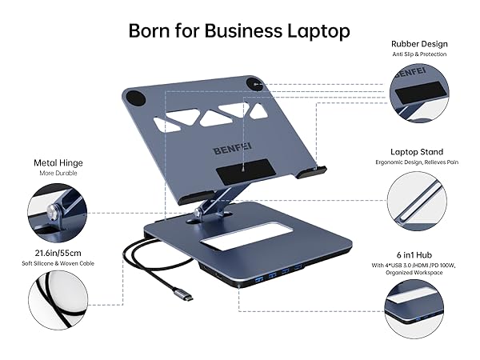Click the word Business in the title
243,30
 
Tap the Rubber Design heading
419,44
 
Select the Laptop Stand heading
417,152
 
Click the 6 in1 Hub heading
414,255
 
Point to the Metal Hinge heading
58,163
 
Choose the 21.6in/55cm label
58,253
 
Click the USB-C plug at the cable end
183,294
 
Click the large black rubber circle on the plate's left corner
135,98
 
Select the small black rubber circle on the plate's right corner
254,84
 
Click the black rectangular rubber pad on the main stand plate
244,171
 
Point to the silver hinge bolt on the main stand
198,211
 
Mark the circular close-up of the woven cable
58,300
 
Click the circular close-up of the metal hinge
58,213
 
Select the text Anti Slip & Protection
419,54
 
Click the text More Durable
58,174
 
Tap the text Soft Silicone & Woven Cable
58,263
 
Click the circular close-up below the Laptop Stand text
417,201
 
